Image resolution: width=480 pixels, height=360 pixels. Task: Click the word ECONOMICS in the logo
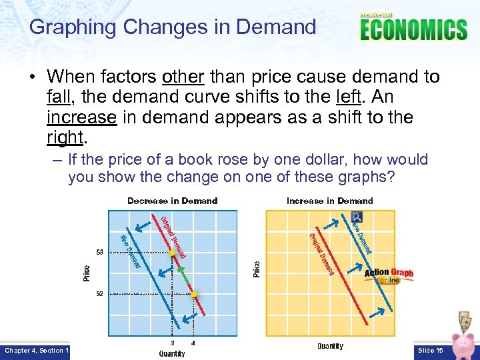pos(413,30)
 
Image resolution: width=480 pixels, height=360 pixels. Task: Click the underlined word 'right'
pos(64,137)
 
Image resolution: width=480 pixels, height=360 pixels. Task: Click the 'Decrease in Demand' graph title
pos(172,201)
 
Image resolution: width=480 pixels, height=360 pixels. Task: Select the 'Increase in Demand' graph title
pos(329,201)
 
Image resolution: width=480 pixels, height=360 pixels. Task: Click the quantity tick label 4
pos(193,343)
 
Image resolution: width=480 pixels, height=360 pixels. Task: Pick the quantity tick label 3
pos(173,343)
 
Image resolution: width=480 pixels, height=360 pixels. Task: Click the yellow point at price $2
pos(193,293)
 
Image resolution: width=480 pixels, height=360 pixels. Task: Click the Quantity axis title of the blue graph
pos(172,353)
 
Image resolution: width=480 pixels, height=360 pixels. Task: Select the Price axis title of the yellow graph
pos(257,269)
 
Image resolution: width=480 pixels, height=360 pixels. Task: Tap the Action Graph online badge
pos(389,275)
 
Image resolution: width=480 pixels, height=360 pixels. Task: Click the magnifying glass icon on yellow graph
pos(357,217)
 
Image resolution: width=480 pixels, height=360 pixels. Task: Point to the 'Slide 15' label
pos(429,350)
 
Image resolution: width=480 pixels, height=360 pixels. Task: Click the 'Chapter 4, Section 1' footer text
pos(35,350)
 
